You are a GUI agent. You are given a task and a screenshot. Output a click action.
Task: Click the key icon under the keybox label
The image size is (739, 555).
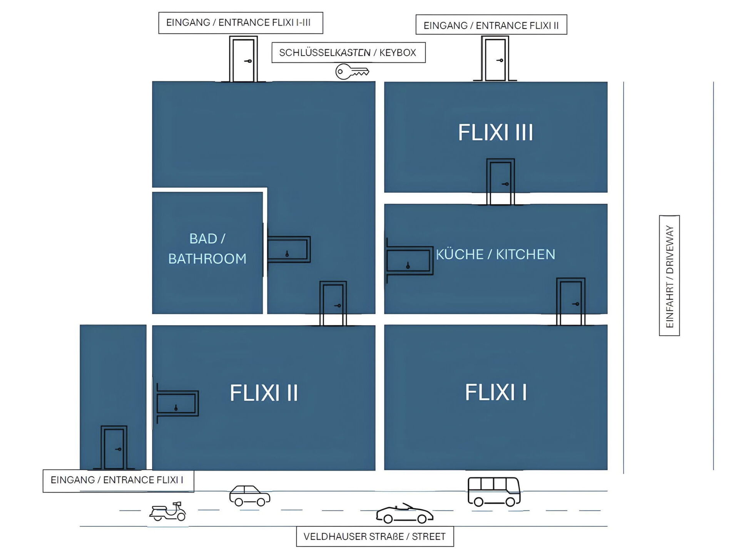tap(352, 72)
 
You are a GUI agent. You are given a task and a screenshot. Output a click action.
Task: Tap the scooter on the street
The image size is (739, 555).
tap(168, 511)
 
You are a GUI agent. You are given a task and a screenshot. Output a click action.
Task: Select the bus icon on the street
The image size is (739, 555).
tap(494, 491)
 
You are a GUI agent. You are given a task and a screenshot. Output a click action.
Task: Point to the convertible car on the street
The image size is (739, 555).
tap(405, 514)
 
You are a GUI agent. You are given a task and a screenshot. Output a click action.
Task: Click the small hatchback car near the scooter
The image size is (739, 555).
tap(250, 496)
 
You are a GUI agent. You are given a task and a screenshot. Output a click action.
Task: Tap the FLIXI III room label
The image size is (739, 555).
tap(495, 133)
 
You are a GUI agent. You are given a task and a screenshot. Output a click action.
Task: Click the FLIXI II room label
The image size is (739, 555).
tap(264, 393)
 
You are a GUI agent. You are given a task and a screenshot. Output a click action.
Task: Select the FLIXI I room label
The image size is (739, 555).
tap(496, 392)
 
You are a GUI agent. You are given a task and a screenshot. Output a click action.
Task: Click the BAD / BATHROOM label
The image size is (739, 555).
tap(207, 249)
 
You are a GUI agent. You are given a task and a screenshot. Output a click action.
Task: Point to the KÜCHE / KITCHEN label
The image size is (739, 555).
tap(495, 254)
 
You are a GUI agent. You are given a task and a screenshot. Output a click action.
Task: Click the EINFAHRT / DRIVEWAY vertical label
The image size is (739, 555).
tap(669, 276)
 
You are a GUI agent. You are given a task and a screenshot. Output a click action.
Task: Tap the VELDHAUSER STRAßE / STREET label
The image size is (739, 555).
tap(375, 536)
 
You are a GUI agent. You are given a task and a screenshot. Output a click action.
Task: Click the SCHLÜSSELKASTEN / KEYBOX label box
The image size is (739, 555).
tap(348, 52)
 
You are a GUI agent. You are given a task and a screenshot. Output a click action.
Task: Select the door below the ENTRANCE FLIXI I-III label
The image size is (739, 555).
tap(243, 59)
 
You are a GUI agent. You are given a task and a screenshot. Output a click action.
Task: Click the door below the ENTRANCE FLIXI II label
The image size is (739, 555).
tap(495, 59)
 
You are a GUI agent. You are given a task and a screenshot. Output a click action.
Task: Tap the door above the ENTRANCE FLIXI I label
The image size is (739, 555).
tap(114, 447)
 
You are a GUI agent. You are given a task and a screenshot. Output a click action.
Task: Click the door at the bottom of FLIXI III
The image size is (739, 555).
tap(500, 182)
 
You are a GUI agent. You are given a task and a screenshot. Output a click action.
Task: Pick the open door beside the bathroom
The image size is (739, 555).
tap(288, 249)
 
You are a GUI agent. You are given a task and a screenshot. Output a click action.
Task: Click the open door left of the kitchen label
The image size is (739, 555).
tap(409, 261)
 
